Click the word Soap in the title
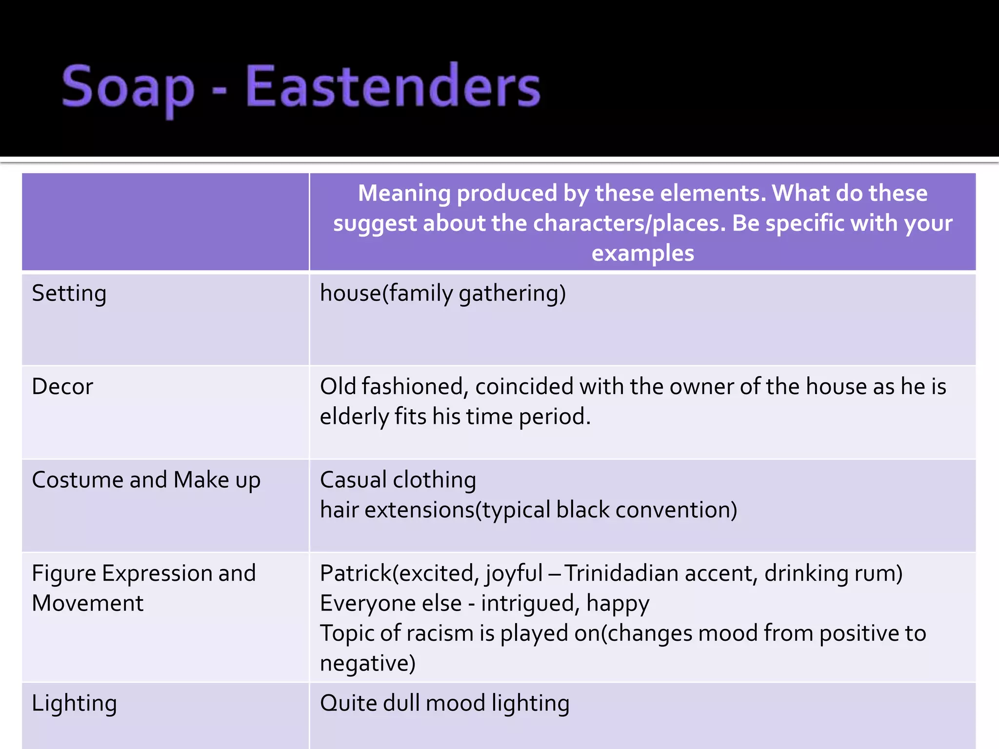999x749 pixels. (x=128, y=88)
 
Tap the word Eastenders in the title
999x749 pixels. (x=393, y=87)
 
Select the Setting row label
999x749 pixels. (x=69, y=294)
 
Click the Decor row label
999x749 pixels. (x=62, y=387)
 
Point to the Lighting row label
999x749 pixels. (x=74, y=704)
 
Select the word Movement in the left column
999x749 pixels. (x=88, y=604)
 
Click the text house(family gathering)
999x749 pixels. (x=442, y=294)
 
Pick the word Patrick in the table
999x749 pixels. (x=356, y=573)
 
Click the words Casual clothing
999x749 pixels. (x=398, y=480)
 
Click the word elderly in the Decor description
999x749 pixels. (x=354, y=417)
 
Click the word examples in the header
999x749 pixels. (x=642, y=254)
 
